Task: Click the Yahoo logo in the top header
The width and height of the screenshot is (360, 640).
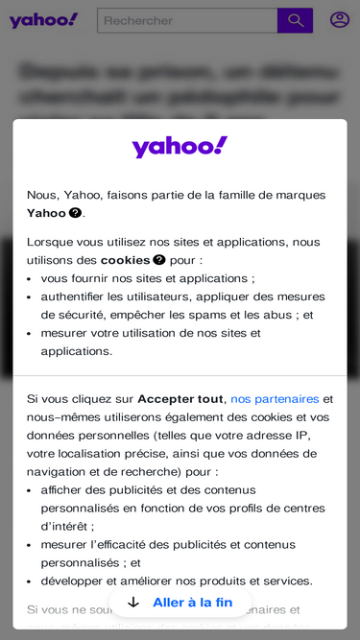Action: pos(43,20)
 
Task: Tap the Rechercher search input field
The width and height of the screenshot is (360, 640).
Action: pos(187,20)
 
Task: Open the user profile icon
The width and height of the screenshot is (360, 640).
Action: pos(340,19)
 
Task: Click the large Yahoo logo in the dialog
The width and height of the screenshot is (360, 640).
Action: pos(180,147)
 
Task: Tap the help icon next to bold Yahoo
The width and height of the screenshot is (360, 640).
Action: pos(75,213)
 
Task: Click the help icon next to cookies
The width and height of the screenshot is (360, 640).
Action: pos(159,260)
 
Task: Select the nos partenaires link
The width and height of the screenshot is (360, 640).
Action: pos(275,399)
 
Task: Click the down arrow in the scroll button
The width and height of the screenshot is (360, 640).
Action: pos(133,603)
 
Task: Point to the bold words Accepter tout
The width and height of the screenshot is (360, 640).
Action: pos(180,399)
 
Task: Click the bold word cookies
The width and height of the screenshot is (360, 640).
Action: pos(125,260)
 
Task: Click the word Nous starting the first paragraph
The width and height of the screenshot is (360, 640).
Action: pos(42,195)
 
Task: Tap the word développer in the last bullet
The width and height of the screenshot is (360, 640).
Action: pos(74,581)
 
